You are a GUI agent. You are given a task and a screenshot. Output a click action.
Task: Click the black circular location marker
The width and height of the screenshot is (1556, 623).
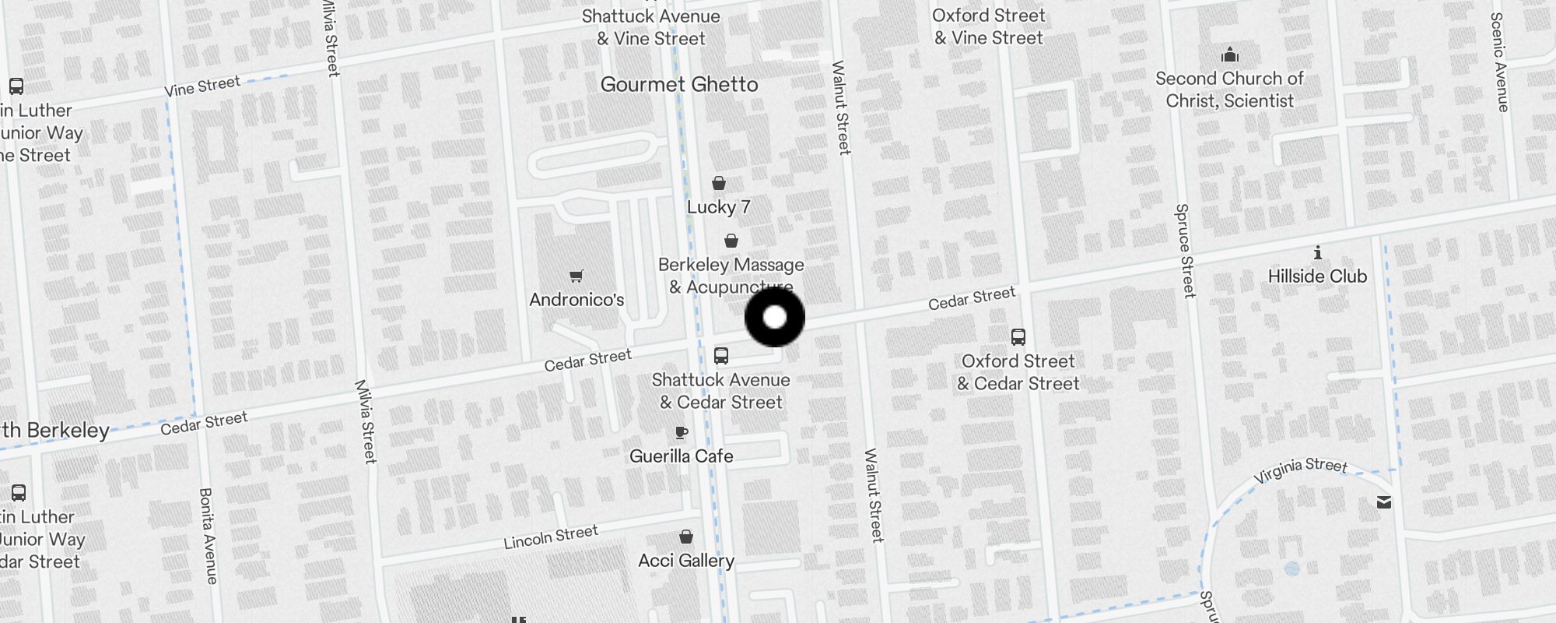(775, 317)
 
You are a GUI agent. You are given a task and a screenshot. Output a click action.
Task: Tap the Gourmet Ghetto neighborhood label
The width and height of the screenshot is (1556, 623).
(679, 84)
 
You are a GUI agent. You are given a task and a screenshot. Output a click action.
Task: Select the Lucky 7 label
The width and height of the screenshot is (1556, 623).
(718, 207)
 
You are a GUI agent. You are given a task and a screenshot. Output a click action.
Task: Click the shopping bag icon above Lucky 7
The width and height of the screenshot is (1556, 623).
(719, 183)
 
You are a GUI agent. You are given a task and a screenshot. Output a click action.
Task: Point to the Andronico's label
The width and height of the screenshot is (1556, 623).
(576, 300)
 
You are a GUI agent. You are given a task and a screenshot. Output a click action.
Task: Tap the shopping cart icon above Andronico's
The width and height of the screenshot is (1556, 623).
(576, 276)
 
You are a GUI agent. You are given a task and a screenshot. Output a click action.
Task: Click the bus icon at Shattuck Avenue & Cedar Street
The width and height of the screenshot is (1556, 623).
(721, 356)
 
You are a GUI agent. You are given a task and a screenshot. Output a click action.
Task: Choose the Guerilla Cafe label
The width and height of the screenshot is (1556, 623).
(682, 456)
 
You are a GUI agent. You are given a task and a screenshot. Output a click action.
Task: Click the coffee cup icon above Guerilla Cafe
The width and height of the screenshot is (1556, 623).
(682, 432)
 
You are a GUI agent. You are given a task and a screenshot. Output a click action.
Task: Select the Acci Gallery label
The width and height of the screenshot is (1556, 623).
(686, 561)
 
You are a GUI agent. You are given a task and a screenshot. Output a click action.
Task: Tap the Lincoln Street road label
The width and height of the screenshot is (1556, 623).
(551, 537)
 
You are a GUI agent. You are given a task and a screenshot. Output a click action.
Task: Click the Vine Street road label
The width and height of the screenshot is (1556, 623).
(202, 86)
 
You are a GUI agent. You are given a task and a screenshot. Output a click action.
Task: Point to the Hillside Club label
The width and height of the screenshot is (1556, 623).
(1317, 276)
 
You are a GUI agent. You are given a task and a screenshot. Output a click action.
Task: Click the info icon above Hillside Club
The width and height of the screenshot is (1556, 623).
(1318, 252)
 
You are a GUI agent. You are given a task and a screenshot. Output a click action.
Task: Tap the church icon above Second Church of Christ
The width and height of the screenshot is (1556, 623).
(1230, 55)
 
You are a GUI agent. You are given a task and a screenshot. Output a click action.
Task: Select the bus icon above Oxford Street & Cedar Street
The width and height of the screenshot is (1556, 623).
(1018, 337)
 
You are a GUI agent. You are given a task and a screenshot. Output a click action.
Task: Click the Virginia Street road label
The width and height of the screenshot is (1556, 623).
(1300, 470)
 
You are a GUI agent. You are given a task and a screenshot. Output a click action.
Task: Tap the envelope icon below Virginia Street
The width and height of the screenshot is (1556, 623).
(1384, 502)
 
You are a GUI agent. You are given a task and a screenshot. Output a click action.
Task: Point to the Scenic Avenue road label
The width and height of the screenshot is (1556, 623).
(1498, 62)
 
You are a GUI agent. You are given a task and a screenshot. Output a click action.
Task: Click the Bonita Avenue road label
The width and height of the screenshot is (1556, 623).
(208, 536)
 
